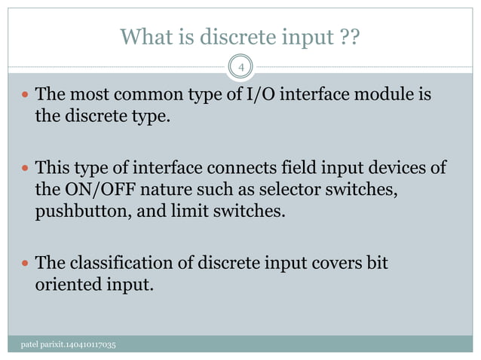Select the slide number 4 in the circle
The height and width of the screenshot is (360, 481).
tap(240, 69)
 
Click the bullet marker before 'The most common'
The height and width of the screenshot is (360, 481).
tap(26, 96)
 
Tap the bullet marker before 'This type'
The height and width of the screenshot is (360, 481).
tap(26, 167)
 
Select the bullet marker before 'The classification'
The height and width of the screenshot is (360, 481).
tap(26, 264)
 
